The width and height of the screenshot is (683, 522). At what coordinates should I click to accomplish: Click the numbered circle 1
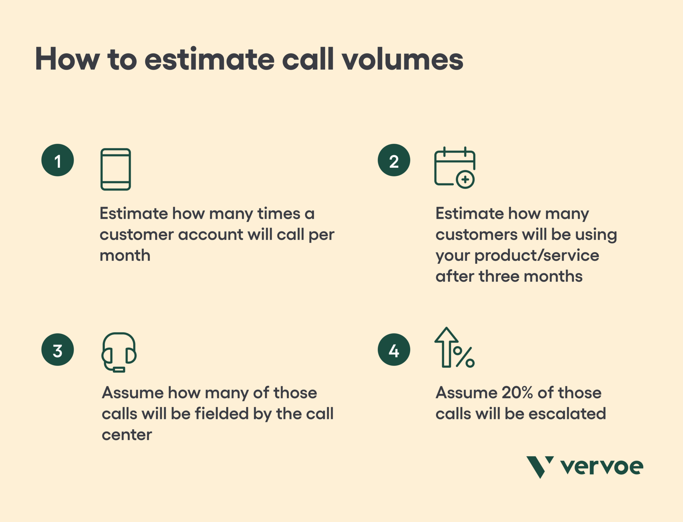pos(58,160)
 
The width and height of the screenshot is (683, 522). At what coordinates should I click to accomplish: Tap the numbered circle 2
pos(394,160)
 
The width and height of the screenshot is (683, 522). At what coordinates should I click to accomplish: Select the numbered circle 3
pos(58,350)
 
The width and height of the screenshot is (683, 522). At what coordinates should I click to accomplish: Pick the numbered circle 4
pos(394,350)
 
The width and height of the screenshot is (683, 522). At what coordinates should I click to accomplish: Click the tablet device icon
pos(115,169)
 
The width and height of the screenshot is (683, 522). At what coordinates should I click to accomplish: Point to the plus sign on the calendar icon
pos(465,179)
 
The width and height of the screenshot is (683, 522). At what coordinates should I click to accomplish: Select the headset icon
pos(119,352)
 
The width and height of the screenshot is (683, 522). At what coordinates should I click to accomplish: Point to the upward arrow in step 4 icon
pos(446,347)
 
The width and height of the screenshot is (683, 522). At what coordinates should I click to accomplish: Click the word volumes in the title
pos(403,59)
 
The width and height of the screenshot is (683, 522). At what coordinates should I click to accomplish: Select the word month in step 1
pos(125,255)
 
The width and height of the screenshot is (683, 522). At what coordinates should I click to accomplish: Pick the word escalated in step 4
pos(567,414)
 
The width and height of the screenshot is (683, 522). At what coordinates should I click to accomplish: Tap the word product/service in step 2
pos(537,255)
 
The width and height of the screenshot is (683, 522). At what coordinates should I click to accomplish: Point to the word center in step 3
pos(127,435)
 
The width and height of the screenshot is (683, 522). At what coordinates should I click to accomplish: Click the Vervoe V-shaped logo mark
pos(539,466)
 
